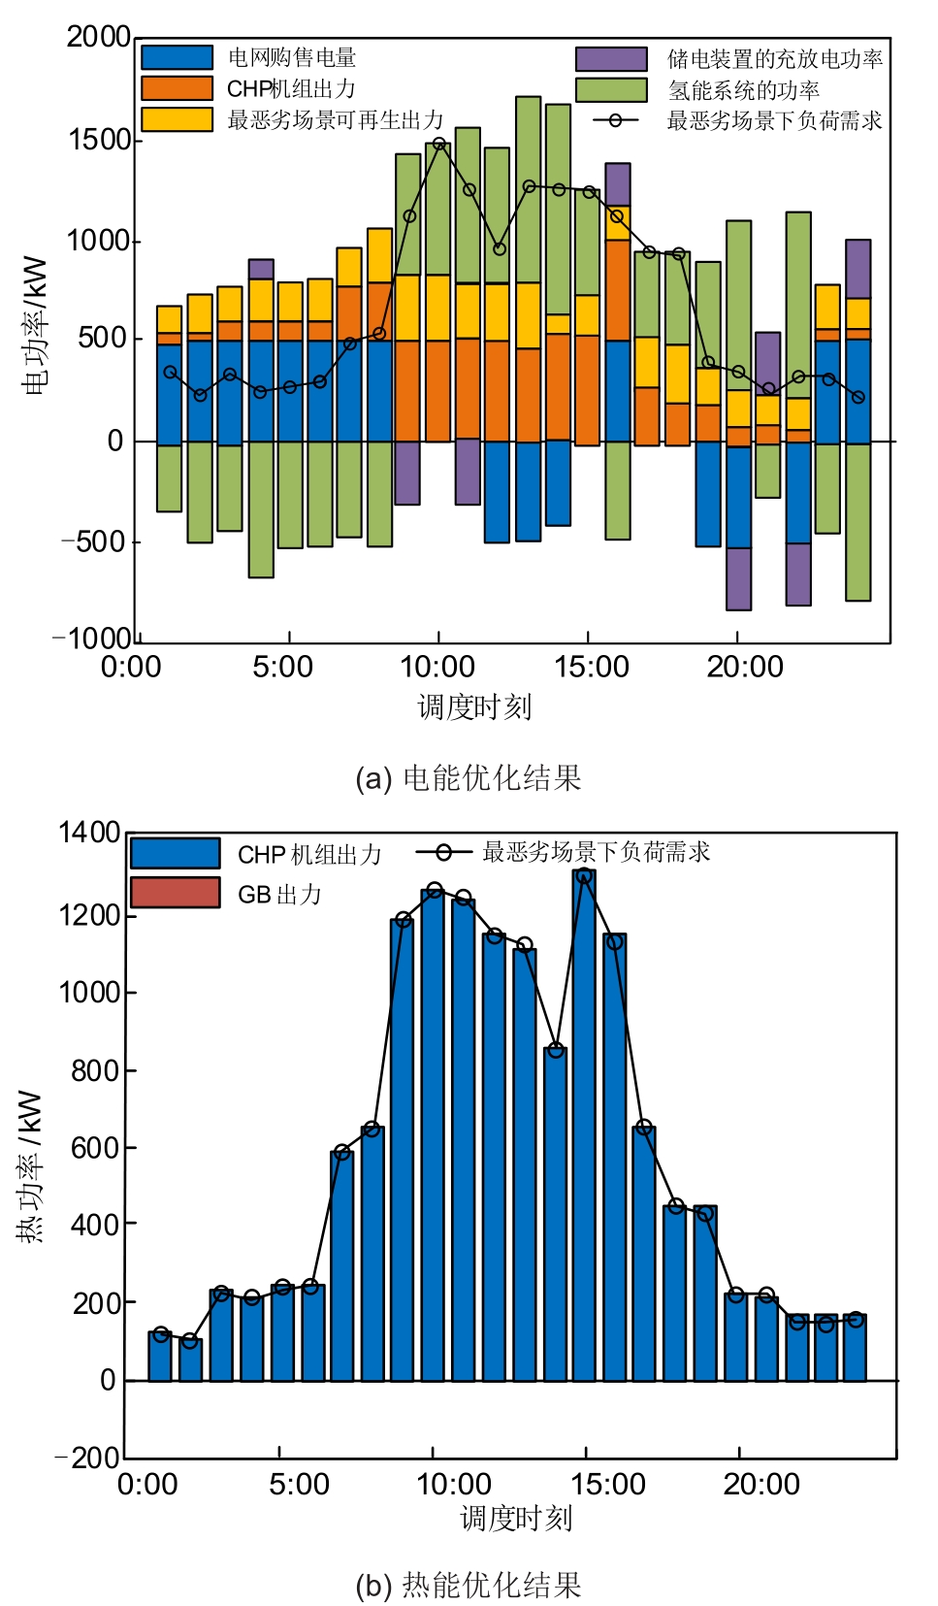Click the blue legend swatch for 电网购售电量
click(x=177, y=57)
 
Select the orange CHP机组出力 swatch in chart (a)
click(x=177, y=88)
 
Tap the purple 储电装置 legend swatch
click(x=611, y=58)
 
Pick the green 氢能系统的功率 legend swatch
click(x=611, y=89)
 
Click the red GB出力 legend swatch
click(x=175, y=893)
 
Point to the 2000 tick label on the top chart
click(x=98, y=37)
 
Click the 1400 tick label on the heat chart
click(x=88, y=833)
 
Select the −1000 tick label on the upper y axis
click(x=91, y=638)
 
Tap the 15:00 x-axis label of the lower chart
click(x=607, y=1484)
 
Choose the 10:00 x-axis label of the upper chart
click(x=437, y=667)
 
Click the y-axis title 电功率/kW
click(x=35, y=325)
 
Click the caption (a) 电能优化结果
click(x=468, y=778)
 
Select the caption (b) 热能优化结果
click(x=468, y=1585)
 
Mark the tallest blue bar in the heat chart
click(x=584, y=1126)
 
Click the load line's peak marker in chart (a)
click(x=439, y=144)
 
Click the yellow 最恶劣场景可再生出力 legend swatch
click(x=177, y=119)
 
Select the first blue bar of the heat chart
click(x=160, y=1357)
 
